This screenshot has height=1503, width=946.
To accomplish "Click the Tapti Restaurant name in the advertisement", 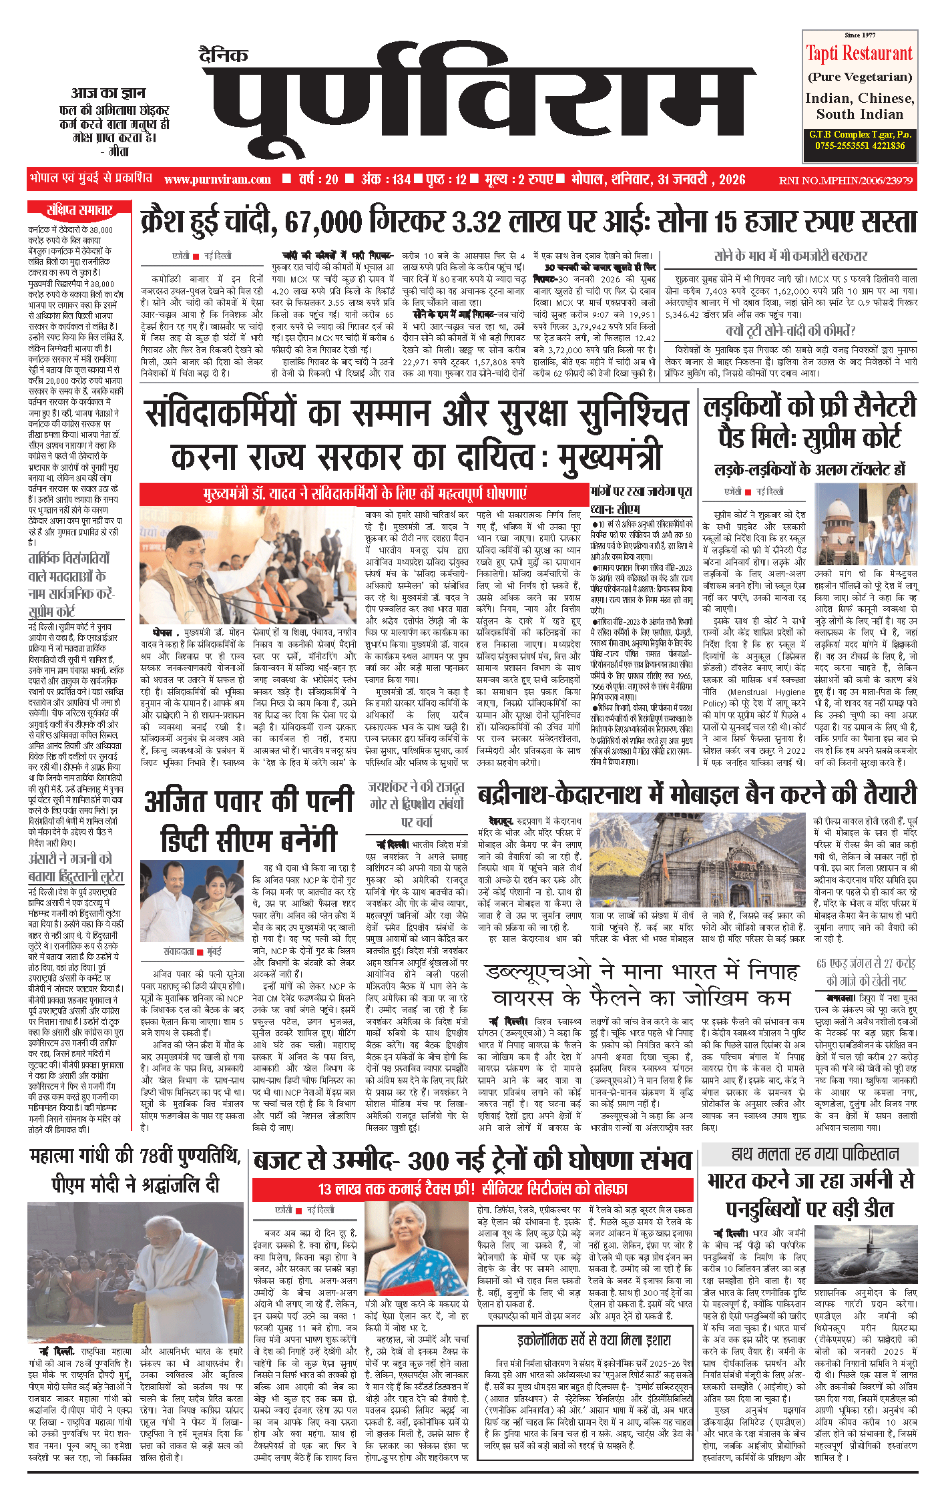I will (859, 53).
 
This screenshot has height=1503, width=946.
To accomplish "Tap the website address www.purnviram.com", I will (218, 180).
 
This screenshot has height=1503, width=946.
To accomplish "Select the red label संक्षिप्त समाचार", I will (79, 210).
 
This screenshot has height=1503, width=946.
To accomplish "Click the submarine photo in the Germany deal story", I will (866, 1259).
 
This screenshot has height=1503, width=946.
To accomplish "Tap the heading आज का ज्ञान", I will (108, 93).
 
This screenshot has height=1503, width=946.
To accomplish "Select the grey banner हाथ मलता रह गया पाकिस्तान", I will (810, 1154).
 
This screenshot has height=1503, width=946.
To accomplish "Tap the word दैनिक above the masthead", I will (224, 55).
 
